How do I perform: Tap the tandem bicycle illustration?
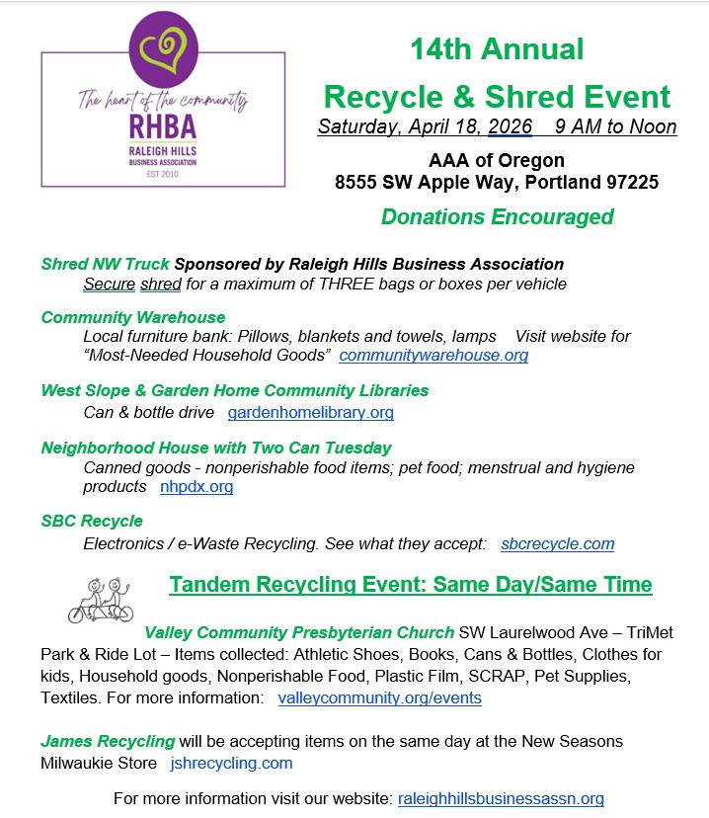tap(100, 600)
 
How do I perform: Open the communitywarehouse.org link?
tap(433, 355)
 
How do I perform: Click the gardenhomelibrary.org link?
tap(311, 412)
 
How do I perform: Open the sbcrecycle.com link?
tap(557, 543)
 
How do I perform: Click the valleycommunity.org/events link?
tap(380, 697)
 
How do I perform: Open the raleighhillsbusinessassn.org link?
tap(501, 798)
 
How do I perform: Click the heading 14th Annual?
tap(497, 48)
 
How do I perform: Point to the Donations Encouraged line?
tap(497, 217)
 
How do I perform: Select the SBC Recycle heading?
tap(92, 521)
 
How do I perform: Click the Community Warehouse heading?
tap(133, 317)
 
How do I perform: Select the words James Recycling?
tap(108, 741)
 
